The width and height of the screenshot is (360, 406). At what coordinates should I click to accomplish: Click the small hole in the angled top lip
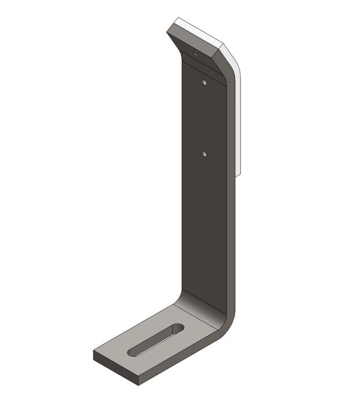click(x=195, y=53)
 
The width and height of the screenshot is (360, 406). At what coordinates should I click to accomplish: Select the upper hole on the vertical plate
click(x=204, y=82)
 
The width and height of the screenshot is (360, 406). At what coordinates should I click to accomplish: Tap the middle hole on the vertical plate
click(x=204, y=154)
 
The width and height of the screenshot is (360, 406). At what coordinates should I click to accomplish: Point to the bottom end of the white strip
click(x=239, y=172)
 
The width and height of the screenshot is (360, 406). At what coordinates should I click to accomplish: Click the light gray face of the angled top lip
click(x=192, y=43)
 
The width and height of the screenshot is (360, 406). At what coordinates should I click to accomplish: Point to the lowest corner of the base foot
click(x=139, y=385)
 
